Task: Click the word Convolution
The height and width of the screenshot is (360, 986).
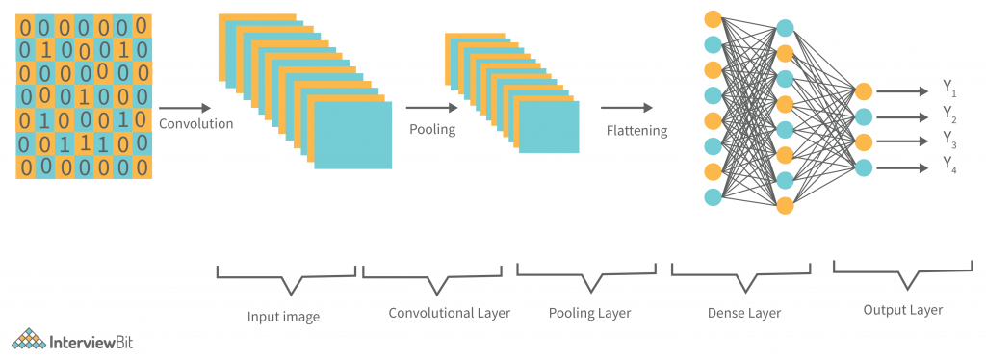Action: (195, 123)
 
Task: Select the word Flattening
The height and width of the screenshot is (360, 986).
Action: (636, 130)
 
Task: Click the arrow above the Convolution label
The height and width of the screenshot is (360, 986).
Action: (184, 109)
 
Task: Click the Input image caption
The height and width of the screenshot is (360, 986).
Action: (284, 316)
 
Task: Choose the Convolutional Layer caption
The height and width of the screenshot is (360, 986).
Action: (449, 314)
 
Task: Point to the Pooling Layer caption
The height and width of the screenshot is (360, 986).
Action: (588, 314)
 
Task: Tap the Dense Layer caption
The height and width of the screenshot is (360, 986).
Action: (744, 314)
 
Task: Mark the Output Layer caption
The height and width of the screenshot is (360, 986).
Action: (902, 310)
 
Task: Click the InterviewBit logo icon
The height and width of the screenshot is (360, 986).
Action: (28, 339)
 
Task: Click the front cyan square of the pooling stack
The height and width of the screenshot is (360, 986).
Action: (549, 125)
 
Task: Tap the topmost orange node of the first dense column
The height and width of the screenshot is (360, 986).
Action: (713, 18)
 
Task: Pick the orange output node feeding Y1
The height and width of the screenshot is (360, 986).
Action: (864, 91)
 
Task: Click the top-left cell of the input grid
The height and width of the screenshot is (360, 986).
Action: (25, 27)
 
